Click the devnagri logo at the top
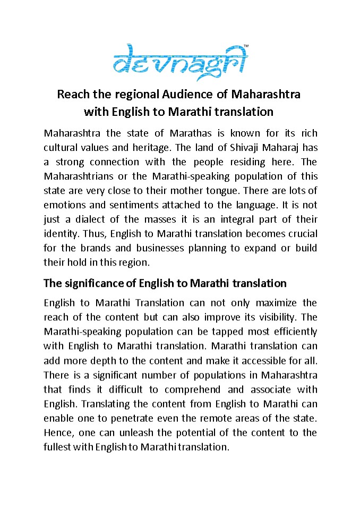(x=180, y=62)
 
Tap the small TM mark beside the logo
(x=245, y=46)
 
